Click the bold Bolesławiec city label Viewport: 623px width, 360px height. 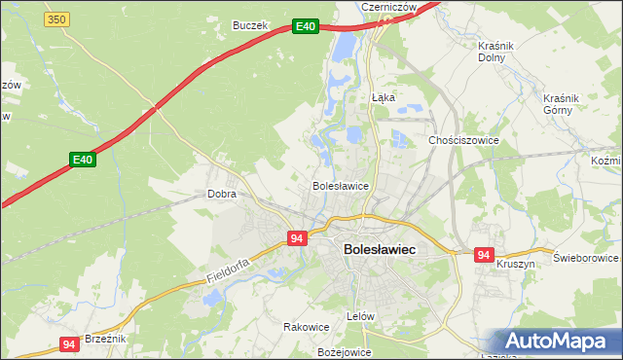click(x=380, y=250)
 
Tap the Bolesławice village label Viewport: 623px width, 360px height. click(x=340, y=185)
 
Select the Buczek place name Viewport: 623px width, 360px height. click(x=249, y=25)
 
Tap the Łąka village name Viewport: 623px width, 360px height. click(x=383, y=97)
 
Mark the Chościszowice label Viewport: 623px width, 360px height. click(x=463, y=140)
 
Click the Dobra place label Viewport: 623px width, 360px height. click(x=222, y=194)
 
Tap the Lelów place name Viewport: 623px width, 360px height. click(x=360, y=317)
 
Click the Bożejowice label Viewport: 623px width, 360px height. click(x=345, y=351)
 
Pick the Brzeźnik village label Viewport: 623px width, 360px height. click(x=105, y=338)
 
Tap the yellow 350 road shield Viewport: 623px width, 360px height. click(x=57, y=19)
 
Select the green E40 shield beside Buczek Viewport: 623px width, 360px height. click(x=306, y=26)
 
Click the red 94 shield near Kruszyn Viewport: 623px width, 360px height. click(x=484, y=255)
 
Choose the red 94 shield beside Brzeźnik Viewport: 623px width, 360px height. click(x=68, y=343)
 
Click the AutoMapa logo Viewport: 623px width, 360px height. click(x=560, y=342)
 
